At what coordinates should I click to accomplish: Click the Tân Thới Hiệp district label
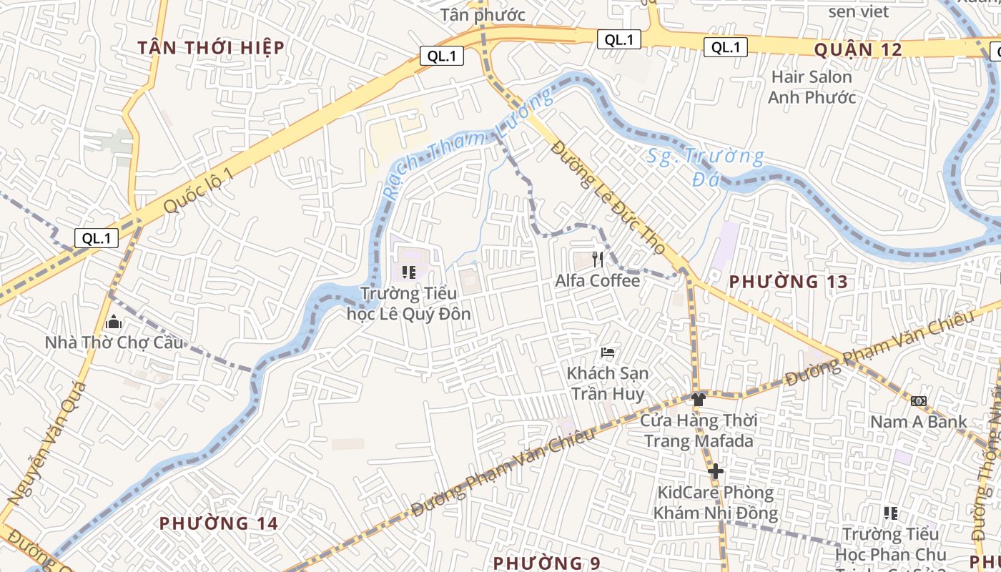point(211,48)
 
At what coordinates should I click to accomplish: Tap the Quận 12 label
point(857,49)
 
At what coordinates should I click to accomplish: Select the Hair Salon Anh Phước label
point(812,87)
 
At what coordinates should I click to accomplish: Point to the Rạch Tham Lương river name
point(468,144)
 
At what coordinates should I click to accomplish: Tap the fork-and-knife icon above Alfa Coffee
point(598,260)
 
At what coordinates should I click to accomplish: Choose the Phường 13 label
point(788,282)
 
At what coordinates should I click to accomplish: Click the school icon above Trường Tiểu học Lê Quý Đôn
point(409,272)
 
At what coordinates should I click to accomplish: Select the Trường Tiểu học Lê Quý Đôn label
point(409,303)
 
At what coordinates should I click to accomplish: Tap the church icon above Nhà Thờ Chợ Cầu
point(113,322)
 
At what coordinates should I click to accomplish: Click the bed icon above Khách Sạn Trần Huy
point(608,352)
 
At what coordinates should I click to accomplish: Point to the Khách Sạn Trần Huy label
point(608,383)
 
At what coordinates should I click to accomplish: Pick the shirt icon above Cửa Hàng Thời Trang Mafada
point(699,400)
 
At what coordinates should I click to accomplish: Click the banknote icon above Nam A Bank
point(919,401)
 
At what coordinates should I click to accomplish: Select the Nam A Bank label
point(918,422)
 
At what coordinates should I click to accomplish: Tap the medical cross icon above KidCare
point(715,471)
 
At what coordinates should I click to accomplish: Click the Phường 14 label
point(218,523)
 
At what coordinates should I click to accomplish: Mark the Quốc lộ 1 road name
point(198,191)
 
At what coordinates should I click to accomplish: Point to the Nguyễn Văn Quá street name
point(47,443)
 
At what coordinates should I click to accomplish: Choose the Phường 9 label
point(546,563)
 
